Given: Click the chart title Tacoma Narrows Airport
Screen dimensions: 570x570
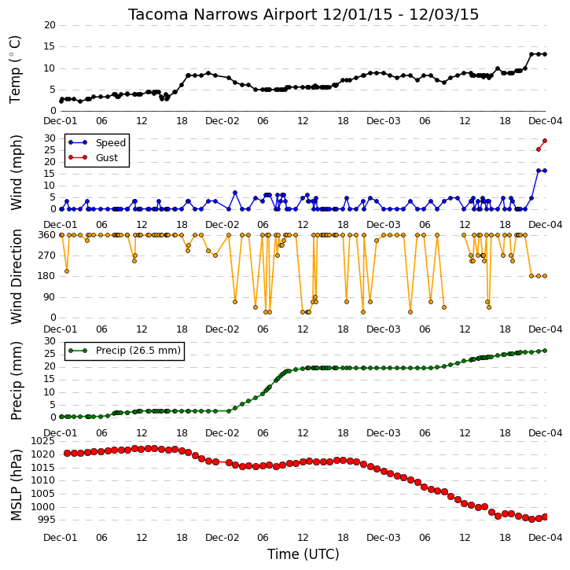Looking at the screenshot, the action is point(222,14).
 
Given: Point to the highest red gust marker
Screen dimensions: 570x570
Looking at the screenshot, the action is point(545,141).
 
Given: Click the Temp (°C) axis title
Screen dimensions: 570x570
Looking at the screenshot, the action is point(15,69).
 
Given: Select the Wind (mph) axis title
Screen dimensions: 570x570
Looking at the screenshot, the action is point(17,172).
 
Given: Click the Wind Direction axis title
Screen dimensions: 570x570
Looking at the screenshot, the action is point(17,277).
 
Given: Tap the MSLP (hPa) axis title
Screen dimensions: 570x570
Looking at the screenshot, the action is point(16,485).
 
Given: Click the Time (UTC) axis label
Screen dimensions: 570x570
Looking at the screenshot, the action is point(303,554).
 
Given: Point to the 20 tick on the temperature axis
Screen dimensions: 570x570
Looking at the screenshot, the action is point(50,25).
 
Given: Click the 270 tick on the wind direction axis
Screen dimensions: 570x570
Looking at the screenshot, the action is point(47,256).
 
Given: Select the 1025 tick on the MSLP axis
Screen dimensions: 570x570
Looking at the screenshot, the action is point(43,441).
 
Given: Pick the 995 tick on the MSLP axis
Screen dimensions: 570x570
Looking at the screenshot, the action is point(46,520).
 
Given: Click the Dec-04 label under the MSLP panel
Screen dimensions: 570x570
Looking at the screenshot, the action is point(546,537).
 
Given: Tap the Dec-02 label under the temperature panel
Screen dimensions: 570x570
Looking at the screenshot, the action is point(222,121).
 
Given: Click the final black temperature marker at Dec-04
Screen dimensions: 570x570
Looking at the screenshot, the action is point(545,54).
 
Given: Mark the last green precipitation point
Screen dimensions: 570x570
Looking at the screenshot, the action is point(545,351).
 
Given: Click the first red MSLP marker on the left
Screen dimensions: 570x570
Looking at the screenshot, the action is point(68,454).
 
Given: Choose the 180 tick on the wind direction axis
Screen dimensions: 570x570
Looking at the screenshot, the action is point(47,276).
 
